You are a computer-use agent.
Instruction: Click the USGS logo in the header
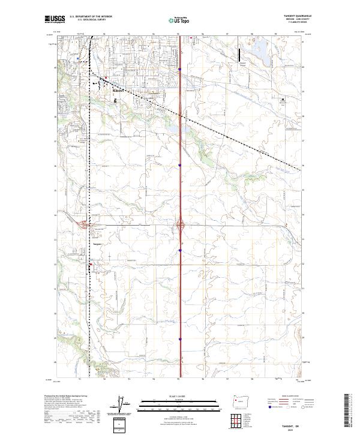[x=55, y=19]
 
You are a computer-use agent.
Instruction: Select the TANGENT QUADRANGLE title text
[x=293, y=16]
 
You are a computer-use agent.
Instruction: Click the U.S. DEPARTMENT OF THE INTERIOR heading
[x=91, y=16]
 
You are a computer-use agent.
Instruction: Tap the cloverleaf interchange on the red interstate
[x=180, y=226]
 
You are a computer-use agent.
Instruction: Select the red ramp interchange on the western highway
[x=84, y=225]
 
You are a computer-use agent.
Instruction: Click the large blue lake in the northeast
[x=260, y=50]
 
